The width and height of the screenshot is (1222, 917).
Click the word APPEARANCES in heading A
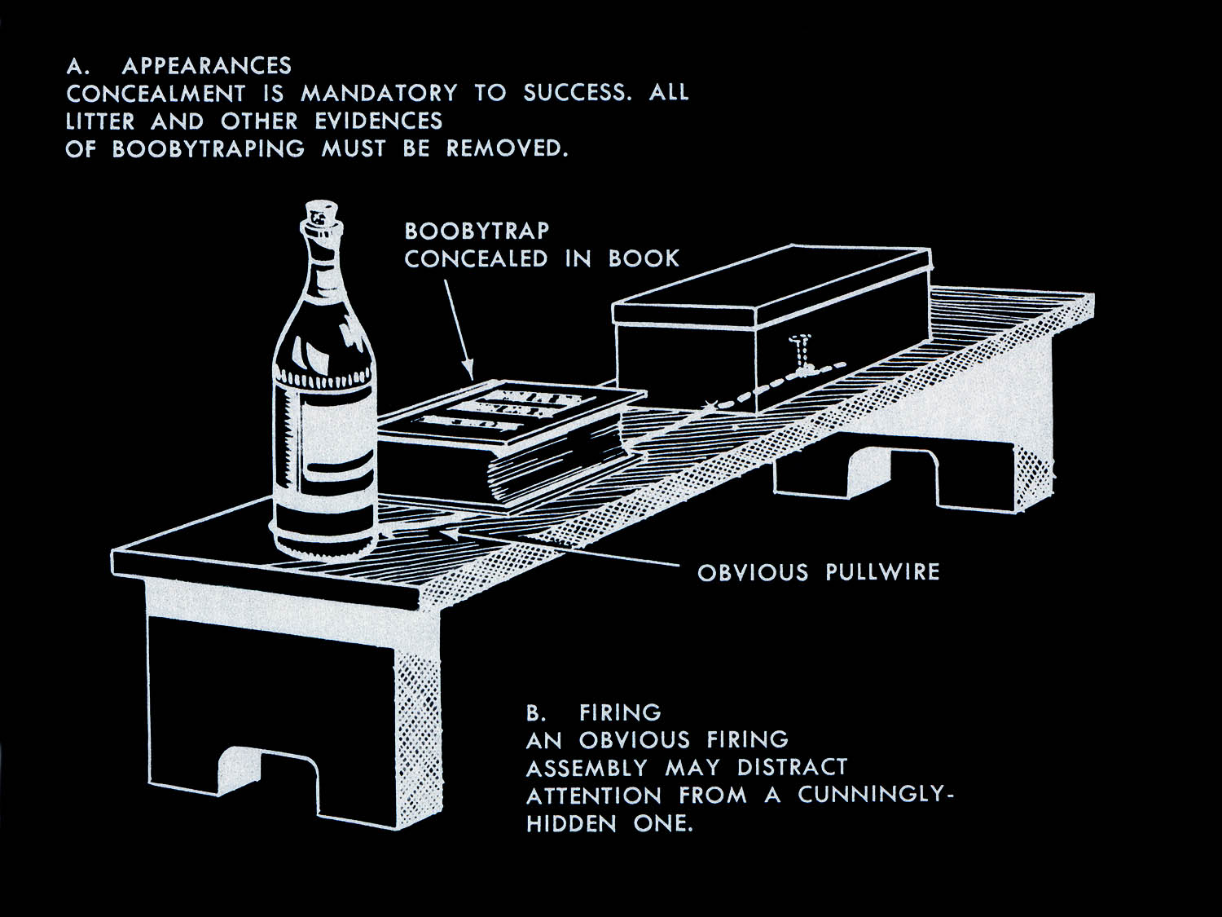[x=206, y=66]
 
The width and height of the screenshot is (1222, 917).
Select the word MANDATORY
[x=379, y=94]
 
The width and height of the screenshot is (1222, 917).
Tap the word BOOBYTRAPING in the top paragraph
[x=208, y=149]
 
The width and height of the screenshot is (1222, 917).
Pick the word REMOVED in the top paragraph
[x=506, y=149]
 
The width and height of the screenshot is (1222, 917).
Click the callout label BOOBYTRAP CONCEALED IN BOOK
[x=541, y=245]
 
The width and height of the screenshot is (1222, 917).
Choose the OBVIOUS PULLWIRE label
[x=818, y=572]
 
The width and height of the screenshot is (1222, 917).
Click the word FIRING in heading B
[x=620, y=713]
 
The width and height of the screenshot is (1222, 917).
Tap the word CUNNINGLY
[x=874, y=796]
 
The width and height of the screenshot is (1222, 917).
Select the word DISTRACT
[x=792, y=768]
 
